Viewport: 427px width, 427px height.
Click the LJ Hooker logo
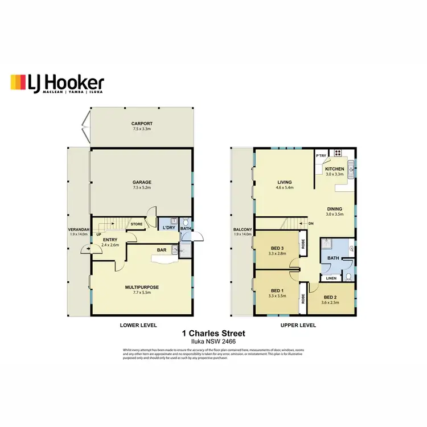click(57, 84)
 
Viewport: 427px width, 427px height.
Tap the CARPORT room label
click(142, 124)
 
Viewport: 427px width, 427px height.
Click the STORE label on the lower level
click(137, 224)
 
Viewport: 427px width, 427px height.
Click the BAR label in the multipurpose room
click(162, 249)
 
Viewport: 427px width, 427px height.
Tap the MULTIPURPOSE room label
click(142, 287)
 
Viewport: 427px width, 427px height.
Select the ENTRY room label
click(110, 240)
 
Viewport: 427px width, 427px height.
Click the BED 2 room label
click(331, 297)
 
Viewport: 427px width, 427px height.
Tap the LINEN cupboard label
click(331, 278)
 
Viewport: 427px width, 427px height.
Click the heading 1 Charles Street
click(213, 334)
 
